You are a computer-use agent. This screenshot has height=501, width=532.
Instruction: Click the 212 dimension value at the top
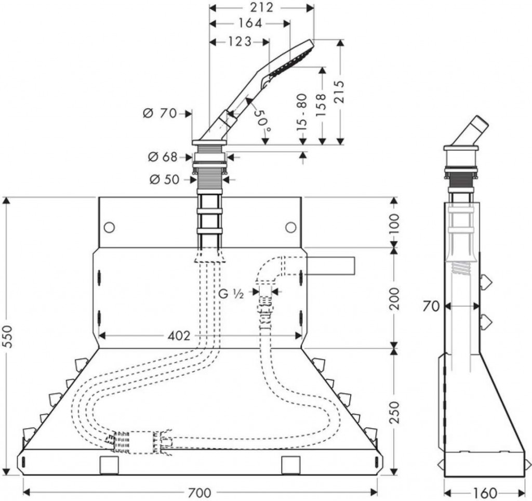(x=262, y=7)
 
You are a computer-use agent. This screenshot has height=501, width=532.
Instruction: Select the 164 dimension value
(x=250, y=23)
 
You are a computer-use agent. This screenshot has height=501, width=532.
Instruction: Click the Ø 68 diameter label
(x=163, y=156)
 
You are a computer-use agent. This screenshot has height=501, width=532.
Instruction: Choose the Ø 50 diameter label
(x=164, y=179)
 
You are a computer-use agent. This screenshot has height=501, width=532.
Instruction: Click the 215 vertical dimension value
(x=339, y=91)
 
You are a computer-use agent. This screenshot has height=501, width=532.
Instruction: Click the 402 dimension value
(x=179, y=335)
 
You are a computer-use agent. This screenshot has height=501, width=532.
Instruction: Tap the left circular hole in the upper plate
(x=109, y=227)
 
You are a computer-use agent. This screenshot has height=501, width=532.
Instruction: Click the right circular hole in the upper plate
(x=291, y=227)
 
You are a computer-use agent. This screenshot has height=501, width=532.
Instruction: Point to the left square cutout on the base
(x=109, y=465)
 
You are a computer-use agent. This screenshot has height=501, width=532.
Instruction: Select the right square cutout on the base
(x=290, y=465)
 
